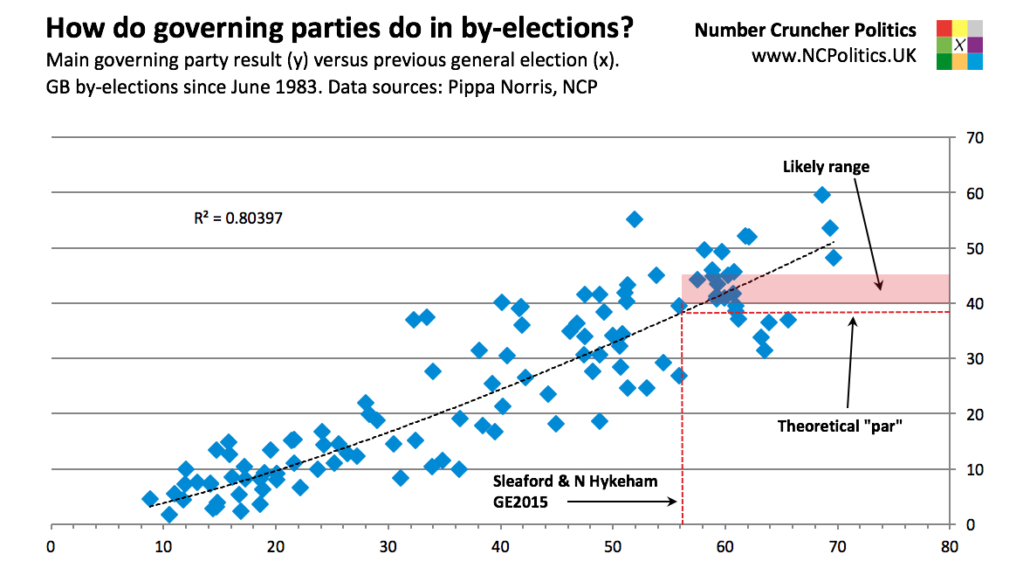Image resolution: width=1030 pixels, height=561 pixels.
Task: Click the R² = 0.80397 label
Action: point(237,216)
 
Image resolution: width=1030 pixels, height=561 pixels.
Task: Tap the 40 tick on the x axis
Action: point(501,547)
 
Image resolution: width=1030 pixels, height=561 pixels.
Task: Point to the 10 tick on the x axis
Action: point(163,547)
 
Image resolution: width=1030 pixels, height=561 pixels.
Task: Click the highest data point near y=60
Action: point(821,195)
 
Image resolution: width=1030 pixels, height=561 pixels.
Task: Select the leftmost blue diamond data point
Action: point(150,499)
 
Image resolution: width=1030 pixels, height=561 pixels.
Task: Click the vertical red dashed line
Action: point(682,419)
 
